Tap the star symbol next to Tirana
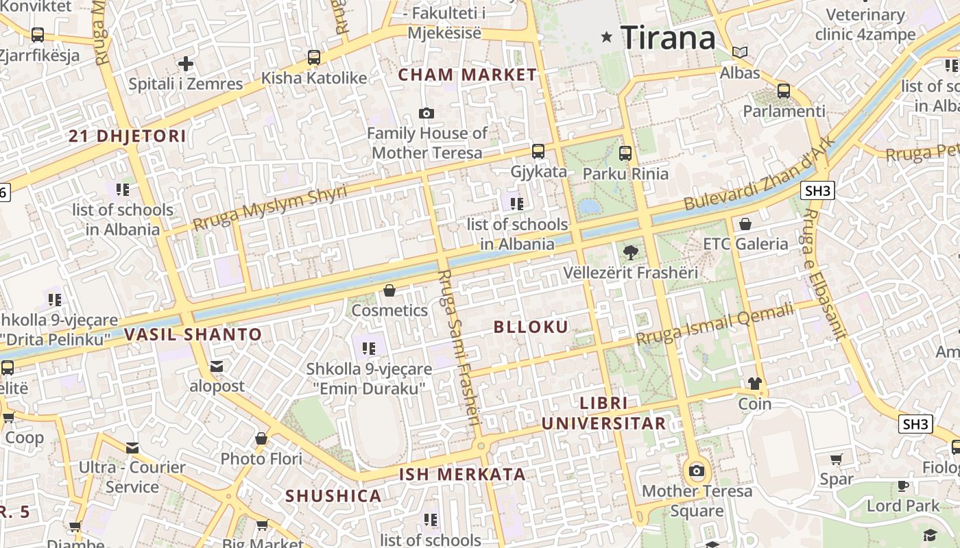pos(606,37)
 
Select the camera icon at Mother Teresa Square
pos(697,471)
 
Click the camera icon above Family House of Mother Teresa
pos(427,113)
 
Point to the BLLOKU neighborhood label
pos(531,327)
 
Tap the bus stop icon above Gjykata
pos(538,151)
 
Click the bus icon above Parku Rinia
pos(625,153)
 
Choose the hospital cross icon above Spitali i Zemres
pos(185,64)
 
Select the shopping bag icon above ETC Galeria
pos(745,224)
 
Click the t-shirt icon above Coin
pos(755,384)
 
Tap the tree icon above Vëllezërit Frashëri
pos(630,253)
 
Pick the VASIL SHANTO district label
pos(193,335)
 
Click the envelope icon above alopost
pos(217,366)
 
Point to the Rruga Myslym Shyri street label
pos(269,208)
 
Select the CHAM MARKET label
pos(468,75)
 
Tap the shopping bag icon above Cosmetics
pos(389,290)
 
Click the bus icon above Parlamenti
pos(784,90)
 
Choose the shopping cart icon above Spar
pos(836,459)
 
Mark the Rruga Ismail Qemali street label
pos(715,324)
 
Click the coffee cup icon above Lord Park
pos(903,486)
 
